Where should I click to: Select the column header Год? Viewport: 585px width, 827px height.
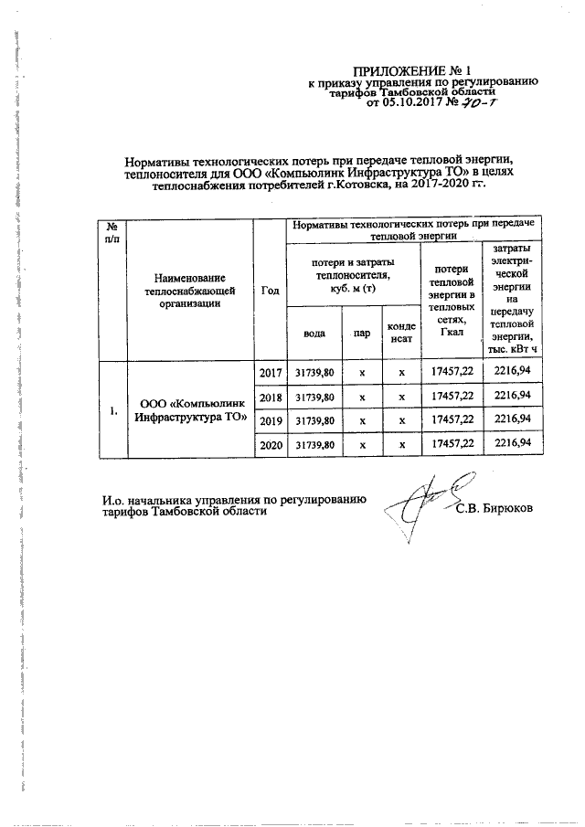(270, 291)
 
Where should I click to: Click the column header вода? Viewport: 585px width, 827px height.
(313, 333)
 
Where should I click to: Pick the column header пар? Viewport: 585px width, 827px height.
(362, 333)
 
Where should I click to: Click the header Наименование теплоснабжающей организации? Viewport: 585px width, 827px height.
(189, 291)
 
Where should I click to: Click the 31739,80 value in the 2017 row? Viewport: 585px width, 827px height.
(314, 373)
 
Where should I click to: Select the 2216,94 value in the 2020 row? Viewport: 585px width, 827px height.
(512, 443)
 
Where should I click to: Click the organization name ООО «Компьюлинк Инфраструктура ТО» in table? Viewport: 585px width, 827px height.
(189, 409)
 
